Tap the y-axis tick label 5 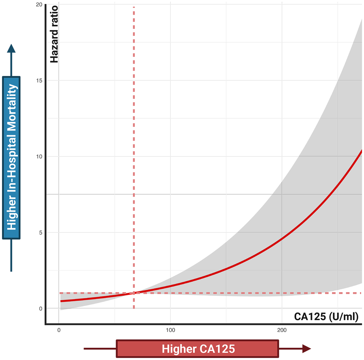[40, 232]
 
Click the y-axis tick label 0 [40, 308]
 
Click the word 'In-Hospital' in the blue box [11, 166]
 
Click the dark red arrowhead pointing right [306, 349]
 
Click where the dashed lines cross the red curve [134, 293]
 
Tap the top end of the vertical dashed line [134, 8]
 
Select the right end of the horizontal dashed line [361, 293]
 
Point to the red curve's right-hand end [361, 151]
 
